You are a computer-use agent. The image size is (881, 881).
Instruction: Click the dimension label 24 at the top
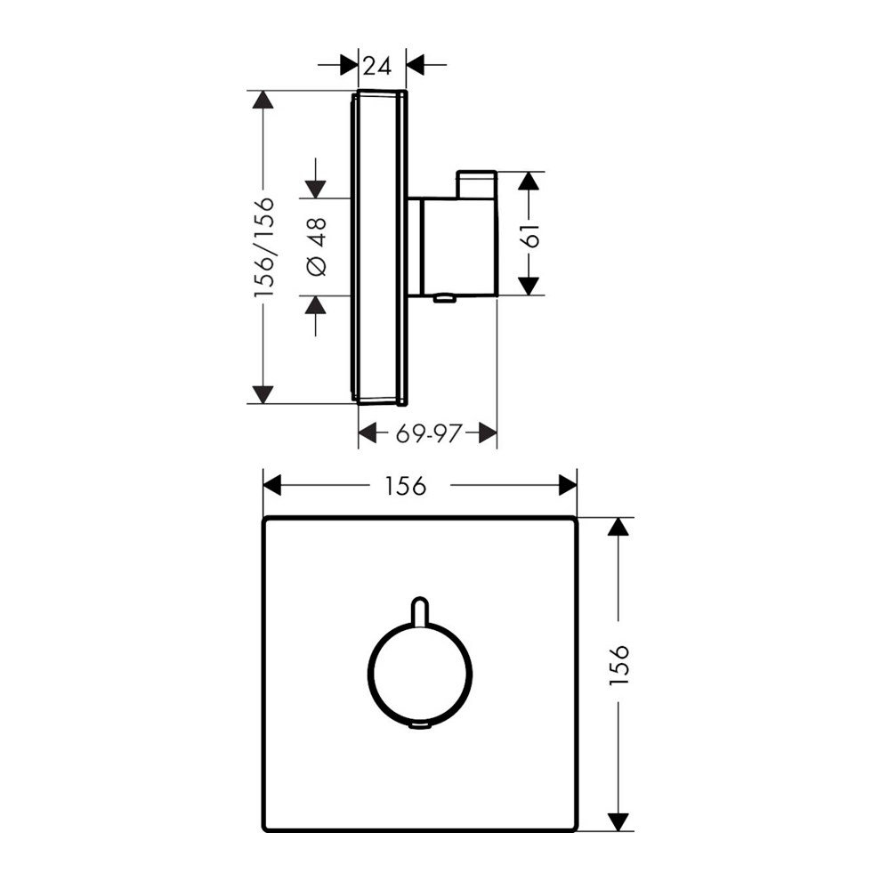(x=377, y=65)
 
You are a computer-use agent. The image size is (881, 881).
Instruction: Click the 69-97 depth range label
(x=426, y=433)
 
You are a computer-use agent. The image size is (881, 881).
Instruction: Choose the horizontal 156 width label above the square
(x=405, y=486)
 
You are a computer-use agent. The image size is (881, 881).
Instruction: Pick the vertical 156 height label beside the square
(x=620, y=663)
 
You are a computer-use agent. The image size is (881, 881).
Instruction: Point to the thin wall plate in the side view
(x=382, y=247)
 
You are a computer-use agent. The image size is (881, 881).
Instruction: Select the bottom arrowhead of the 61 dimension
(x=529, y=285)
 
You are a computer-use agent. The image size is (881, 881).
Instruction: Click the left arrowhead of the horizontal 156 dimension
(x=273, y=485)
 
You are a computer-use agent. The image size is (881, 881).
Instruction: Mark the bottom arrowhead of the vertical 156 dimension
(x=618, y=820)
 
